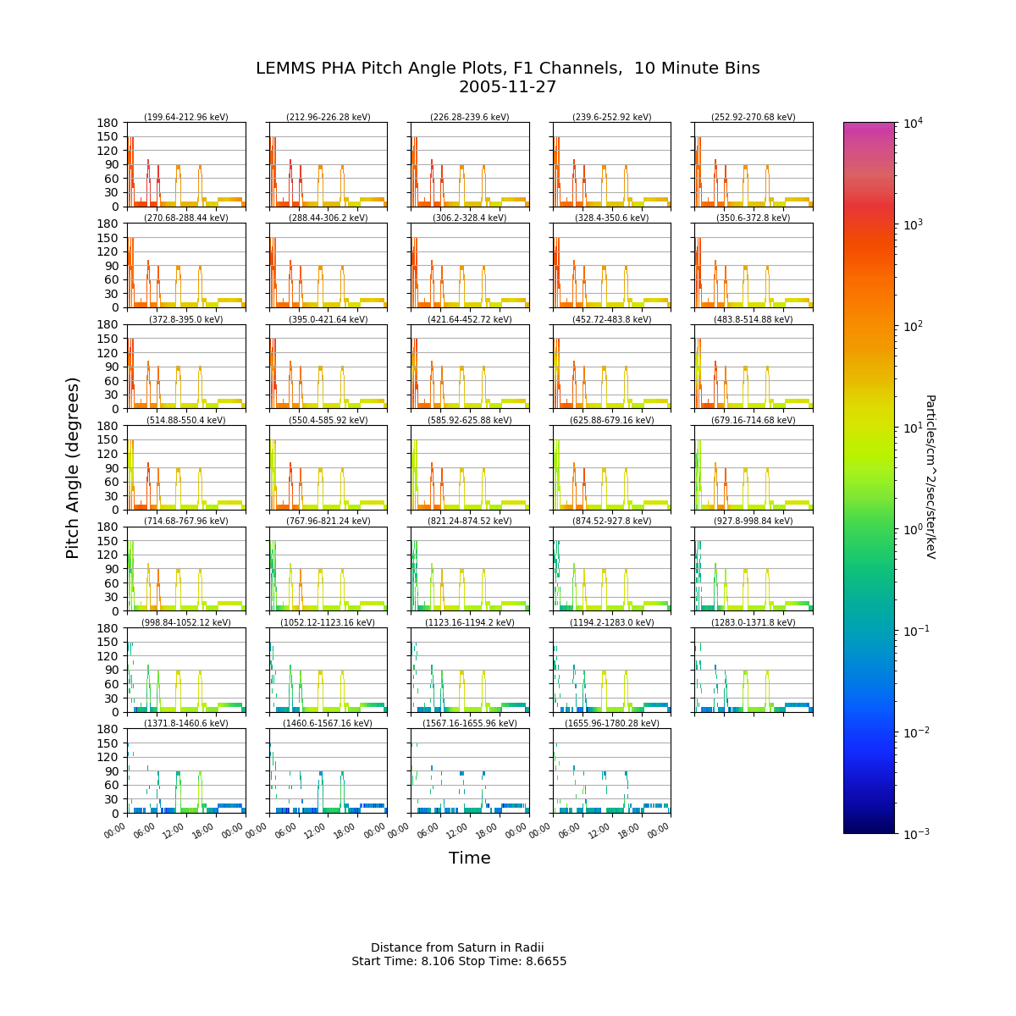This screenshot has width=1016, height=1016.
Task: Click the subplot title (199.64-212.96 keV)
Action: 186,118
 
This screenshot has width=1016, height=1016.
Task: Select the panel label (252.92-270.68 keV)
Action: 754,118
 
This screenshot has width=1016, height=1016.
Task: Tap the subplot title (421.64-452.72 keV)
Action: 470,319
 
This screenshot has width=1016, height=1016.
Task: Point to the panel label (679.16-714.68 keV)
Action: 754,420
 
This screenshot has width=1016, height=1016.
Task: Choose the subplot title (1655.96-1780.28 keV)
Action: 612,723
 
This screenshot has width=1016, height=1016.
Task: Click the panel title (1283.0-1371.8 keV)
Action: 754,622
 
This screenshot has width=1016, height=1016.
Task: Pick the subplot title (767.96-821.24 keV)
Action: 329,522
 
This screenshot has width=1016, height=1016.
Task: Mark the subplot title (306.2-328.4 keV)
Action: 470,218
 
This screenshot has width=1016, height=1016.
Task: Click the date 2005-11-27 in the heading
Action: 507,87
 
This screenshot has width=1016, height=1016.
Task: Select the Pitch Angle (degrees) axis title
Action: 74,467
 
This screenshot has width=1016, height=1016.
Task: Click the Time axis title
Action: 470,859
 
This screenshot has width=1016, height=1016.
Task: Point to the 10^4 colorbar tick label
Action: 912,124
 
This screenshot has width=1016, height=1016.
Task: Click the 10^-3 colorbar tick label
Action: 914,834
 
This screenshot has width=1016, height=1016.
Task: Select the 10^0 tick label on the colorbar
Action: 912,529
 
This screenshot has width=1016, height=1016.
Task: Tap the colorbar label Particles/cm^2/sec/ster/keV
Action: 930,477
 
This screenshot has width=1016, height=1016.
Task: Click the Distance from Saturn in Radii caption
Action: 457,947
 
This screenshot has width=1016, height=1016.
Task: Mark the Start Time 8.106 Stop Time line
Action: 459,961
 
